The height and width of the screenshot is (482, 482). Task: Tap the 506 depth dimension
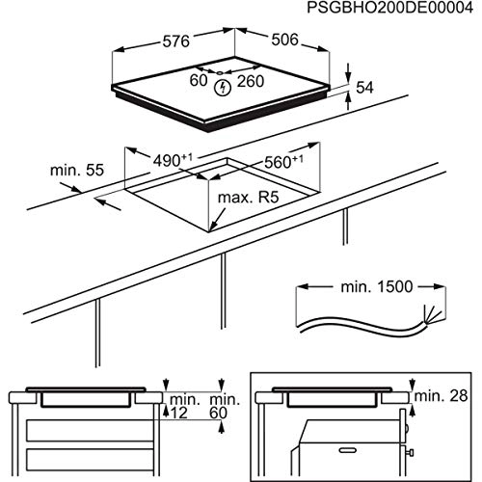click(x=282, y=42)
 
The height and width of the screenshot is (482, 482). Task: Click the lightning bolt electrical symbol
click(x=226, y=88)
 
